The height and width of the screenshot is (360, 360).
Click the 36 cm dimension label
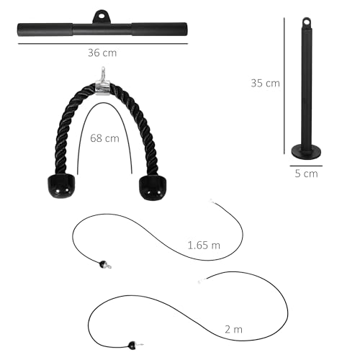(x=102, y=53)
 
